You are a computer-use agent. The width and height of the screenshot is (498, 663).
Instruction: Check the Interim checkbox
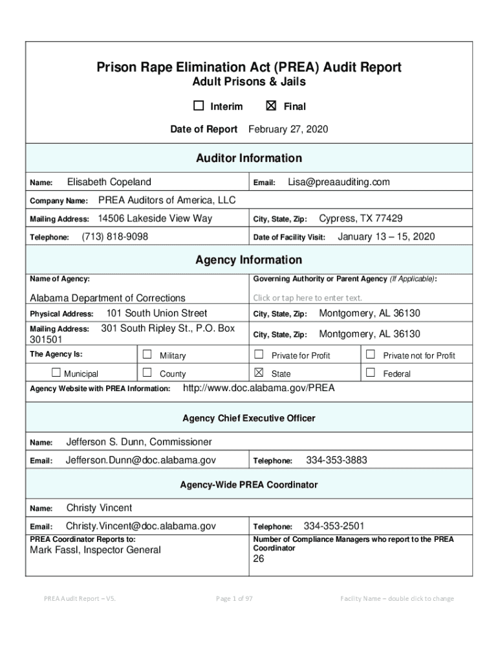coord(198,106)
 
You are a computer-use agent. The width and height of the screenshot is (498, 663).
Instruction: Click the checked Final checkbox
coord(272,106)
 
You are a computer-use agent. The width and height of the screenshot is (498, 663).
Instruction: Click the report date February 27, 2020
coord(288,129)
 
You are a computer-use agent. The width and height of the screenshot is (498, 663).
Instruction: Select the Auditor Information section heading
coord(249,158)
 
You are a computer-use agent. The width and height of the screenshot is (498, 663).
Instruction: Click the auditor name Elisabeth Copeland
coord(109,183)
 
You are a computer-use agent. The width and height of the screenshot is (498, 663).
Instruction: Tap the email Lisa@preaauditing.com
coord(339,183)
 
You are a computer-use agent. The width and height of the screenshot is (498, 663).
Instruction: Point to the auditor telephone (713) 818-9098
coord(114,237)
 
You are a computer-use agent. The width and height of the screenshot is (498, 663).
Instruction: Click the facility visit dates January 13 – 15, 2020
coord(386,237)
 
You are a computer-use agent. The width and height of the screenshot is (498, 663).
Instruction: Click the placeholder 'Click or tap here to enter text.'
coord(308,298)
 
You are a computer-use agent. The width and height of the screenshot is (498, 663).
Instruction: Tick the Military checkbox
coord(147,355)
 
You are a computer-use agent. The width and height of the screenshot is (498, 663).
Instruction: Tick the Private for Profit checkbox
coord(259,355)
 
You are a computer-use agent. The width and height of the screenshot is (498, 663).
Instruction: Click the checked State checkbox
coord(259,373)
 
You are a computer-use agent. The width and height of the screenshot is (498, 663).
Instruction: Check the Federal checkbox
coord(371,373)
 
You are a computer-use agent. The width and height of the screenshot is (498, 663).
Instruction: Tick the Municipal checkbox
coord(56,373)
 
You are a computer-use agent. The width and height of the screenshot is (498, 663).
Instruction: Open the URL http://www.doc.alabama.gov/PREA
coord(259,388)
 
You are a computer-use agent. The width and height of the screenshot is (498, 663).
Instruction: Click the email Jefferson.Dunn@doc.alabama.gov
coord(141,460)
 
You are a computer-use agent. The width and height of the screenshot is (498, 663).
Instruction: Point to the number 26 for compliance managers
coord(259,559)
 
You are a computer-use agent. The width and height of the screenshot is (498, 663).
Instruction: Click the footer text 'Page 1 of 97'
coord(234,598)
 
